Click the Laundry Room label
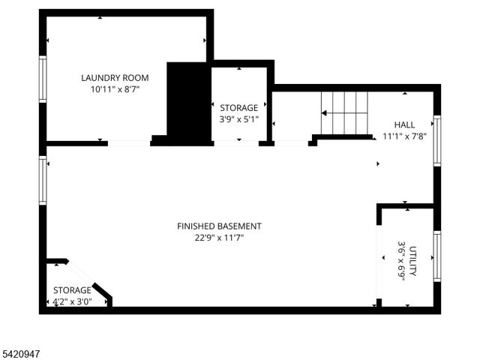click(115, 77)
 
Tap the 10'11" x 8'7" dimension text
click(115, 88)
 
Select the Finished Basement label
click(219, 226)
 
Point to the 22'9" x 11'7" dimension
click(219, 238)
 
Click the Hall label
click(403, 124)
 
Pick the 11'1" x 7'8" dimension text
click(403, 136)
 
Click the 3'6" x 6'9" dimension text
click(401, 259)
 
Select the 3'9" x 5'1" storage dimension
click(238, 118)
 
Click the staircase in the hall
click(345, 112)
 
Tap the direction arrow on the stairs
click(325, 112)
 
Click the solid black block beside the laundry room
click(187, 101)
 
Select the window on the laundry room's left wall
click(43, 79)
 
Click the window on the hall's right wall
click(436, 140)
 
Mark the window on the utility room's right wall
click(436, 256)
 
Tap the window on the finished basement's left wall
click(43, 180)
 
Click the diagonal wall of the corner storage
click(91, 280)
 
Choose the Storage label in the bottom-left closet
click(71, 290)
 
